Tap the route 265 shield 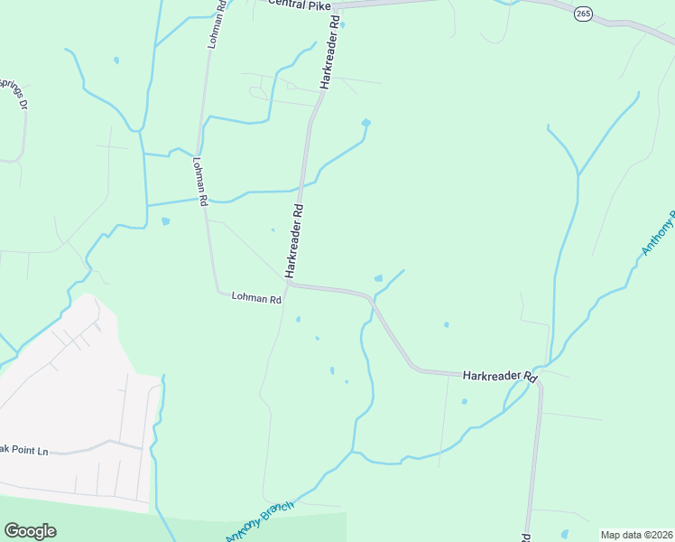click(583, 14)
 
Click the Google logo click(30, 531)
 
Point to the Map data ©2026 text click(636, 535)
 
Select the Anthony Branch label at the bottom click(260, 521)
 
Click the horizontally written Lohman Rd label click(256, 297)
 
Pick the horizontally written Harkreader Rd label click(499, 375)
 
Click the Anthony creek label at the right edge click(658, 232)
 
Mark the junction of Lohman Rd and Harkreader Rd click(289, 284)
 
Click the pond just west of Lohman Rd click(165, 220)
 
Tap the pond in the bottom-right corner click(565, 534)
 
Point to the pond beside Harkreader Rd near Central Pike click(342, 24)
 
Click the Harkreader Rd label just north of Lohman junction click(293, 240)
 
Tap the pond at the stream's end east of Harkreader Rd click(365, 123)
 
